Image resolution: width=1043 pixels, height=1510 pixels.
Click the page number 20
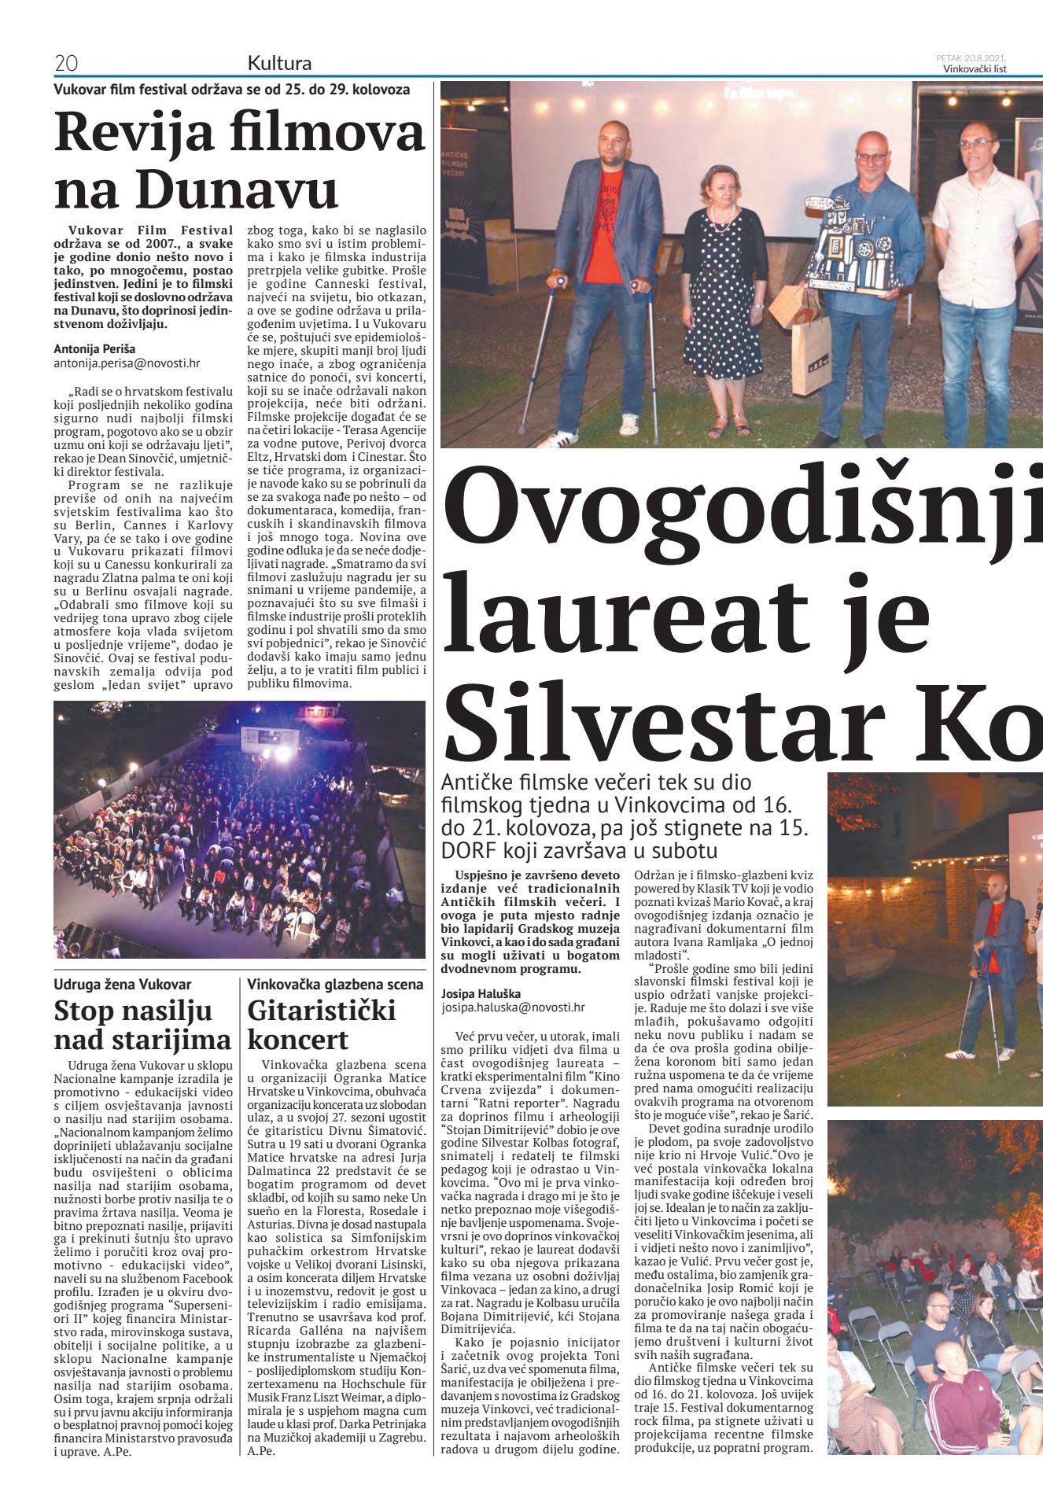[66, 63]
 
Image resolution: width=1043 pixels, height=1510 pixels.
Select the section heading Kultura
[279, 63]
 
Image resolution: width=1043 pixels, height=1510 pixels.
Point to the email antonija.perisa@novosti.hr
[127, 363]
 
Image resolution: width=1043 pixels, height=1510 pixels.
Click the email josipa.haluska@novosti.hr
[513, 1007]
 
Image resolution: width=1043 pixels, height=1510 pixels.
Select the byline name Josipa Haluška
[481, 993]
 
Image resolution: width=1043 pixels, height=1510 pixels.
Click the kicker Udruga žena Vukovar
[122, 984]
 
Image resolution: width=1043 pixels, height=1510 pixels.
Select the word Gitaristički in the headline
[322, 1011]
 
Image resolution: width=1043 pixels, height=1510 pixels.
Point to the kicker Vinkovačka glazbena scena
[335, 984]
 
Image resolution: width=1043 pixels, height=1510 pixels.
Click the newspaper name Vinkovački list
[975, 68]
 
